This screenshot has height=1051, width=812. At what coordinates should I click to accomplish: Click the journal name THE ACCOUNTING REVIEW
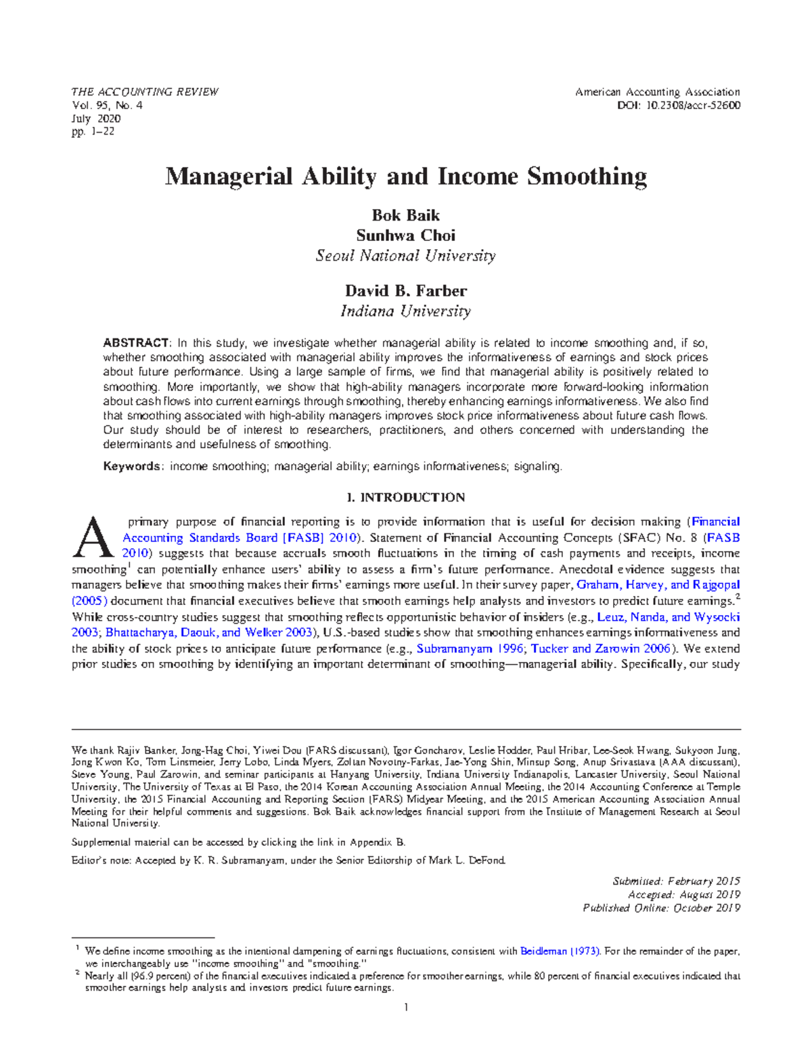(x=145, y=92)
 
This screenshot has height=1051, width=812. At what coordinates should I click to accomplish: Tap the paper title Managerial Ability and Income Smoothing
(x=406, y=177)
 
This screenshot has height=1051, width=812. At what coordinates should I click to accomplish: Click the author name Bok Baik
(x=405, y=215)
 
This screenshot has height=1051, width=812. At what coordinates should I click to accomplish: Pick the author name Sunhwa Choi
(x=405, y=236)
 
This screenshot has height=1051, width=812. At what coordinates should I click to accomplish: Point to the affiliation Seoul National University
(x=405, y=256)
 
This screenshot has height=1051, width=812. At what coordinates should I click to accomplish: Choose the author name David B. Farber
(x=405, y=291)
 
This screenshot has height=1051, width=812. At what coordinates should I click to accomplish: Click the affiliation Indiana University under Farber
(x=405, y=311)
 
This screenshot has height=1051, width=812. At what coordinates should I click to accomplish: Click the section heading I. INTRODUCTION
(x=405, y=497)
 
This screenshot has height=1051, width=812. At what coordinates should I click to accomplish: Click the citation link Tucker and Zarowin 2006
(x=600, y=648)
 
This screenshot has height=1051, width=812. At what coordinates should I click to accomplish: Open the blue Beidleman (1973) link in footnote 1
(x=559, y=951)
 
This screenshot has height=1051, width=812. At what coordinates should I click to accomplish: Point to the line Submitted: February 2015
(x=676, y=881)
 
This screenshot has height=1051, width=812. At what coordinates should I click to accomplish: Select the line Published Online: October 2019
(x=661, y=908)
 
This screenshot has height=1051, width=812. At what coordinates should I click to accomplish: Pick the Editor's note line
(x=288, y=861)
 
